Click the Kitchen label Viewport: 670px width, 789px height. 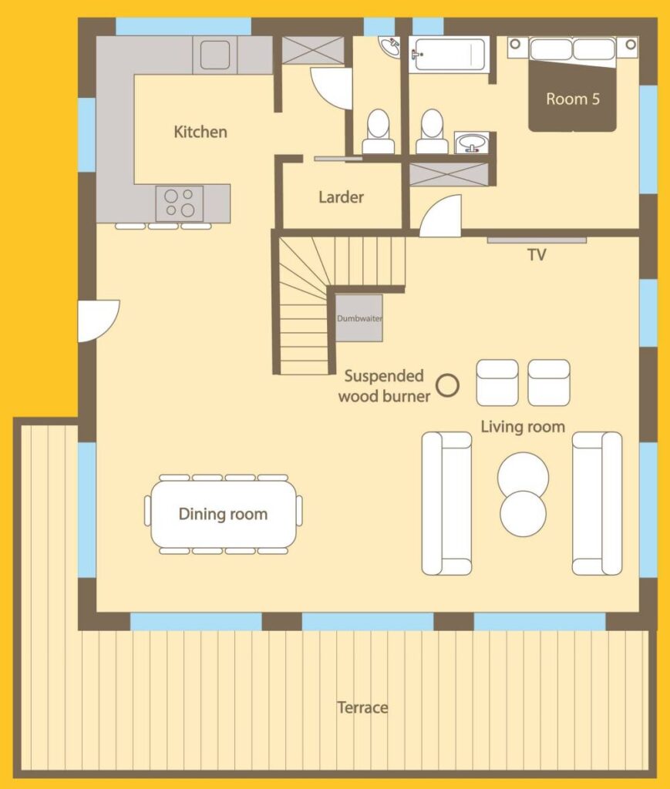(x=200, y=132)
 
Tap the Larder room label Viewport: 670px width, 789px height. (x=341, y=196)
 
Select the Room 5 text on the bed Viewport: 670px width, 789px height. (x=573, y=99)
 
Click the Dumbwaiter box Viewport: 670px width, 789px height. (x=359, y=318)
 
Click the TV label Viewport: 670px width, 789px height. (x=537, y=254)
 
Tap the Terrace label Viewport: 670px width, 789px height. (x=362, y=707)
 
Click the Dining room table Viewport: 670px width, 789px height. (x=224, y=514)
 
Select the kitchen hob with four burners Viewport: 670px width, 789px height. (x=179, y=203)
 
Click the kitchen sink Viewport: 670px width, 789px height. (x=215, y=55)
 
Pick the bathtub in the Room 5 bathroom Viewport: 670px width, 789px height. (x=448, y=55)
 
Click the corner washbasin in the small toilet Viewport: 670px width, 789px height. (x=389, y=47)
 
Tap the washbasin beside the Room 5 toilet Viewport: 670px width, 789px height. (x=472, y=143)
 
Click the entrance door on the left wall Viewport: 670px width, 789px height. (x=98, y=321)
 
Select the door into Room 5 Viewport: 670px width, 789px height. (x=440, y=216)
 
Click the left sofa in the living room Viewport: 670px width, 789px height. (x=446, y=503)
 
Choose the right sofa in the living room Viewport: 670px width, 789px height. (x=597, y=503)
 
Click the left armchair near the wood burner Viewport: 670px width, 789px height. (x=497, y=382)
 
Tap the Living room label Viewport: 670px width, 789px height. (x=523, y=427)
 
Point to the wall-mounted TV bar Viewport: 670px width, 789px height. (x=537, y=240)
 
